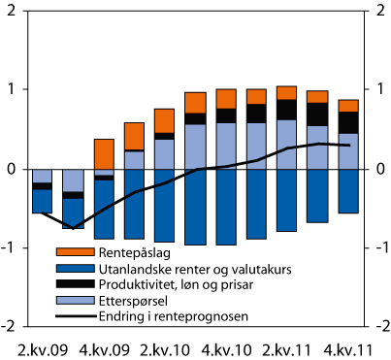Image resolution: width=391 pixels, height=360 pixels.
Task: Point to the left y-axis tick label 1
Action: click(x=10, y=90)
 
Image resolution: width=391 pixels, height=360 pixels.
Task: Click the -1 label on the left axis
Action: click(x=8, y=246)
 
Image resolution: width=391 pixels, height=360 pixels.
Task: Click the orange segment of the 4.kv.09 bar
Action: click(x=104, y=153)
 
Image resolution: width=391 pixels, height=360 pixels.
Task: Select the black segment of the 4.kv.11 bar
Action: click(x=348, y=122)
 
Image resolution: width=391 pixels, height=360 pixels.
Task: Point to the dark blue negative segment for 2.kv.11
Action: click(x=287, y=200)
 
